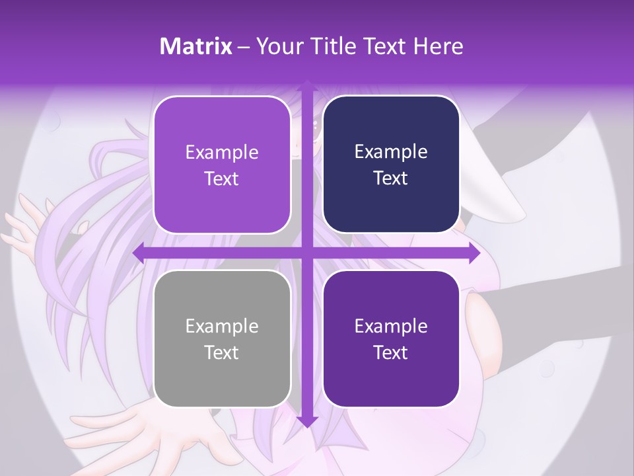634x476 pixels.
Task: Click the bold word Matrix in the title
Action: (x=196, y=46)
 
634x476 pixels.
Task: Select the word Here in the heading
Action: (x=438, y=46)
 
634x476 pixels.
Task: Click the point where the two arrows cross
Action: (x=306, y=253)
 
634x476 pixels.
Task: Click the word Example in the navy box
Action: (x=391, y=152)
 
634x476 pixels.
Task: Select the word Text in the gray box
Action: (x=222, y=353)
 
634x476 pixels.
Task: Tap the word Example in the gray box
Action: (x=222, y=327)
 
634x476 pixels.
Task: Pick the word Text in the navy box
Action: (x=391, y=178)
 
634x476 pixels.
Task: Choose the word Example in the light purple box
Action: (x=222, y=153)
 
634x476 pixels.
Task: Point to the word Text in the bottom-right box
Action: (x=391, y=353)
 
